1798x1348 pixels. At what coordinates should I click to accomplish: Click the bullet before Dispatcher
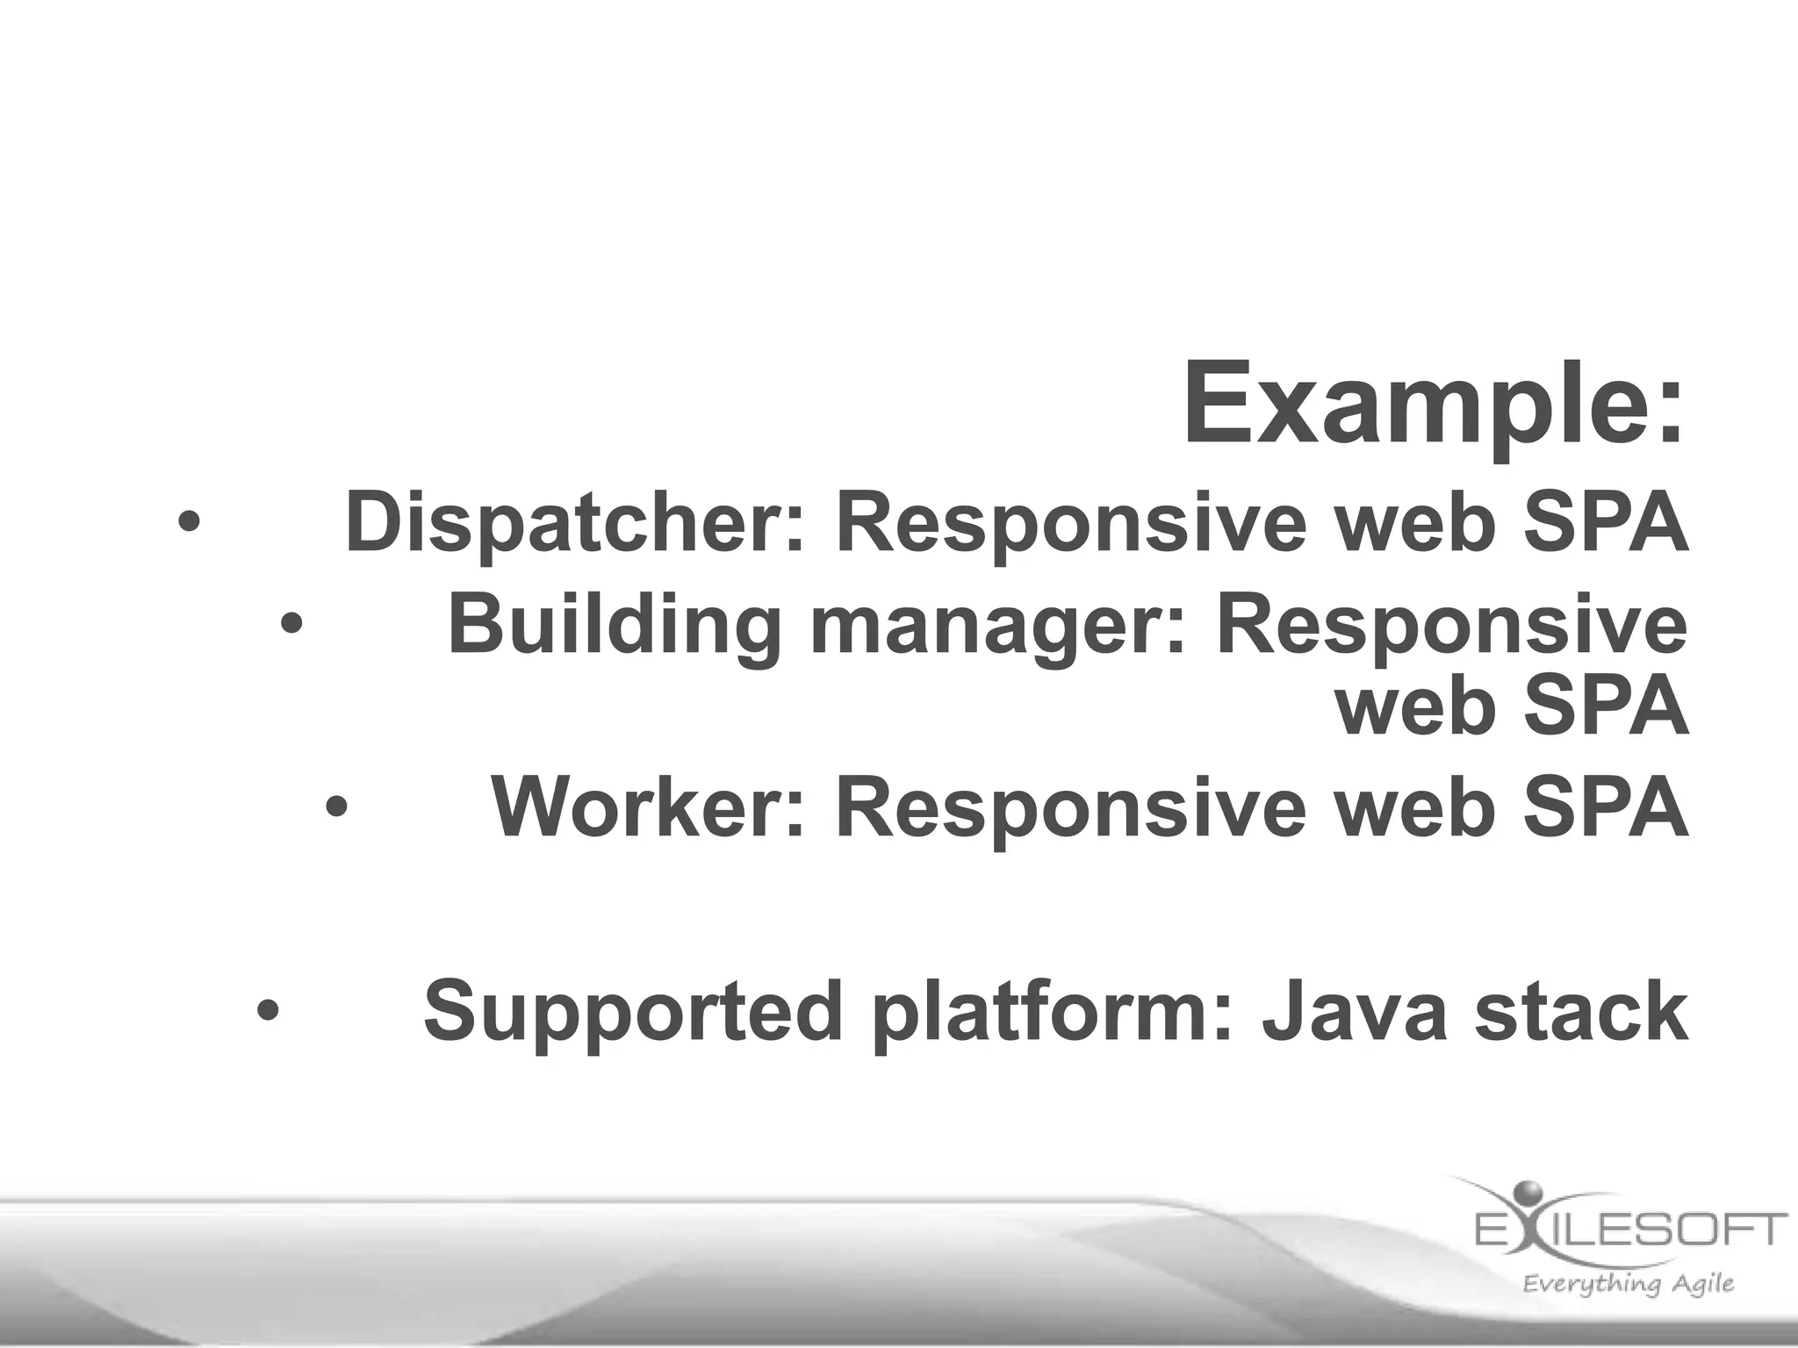pyautogui.click(x=189, y=524)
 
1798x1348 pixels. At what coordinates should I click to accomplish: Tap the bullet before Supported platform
pyautogui.click(x=269, y=1010)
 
